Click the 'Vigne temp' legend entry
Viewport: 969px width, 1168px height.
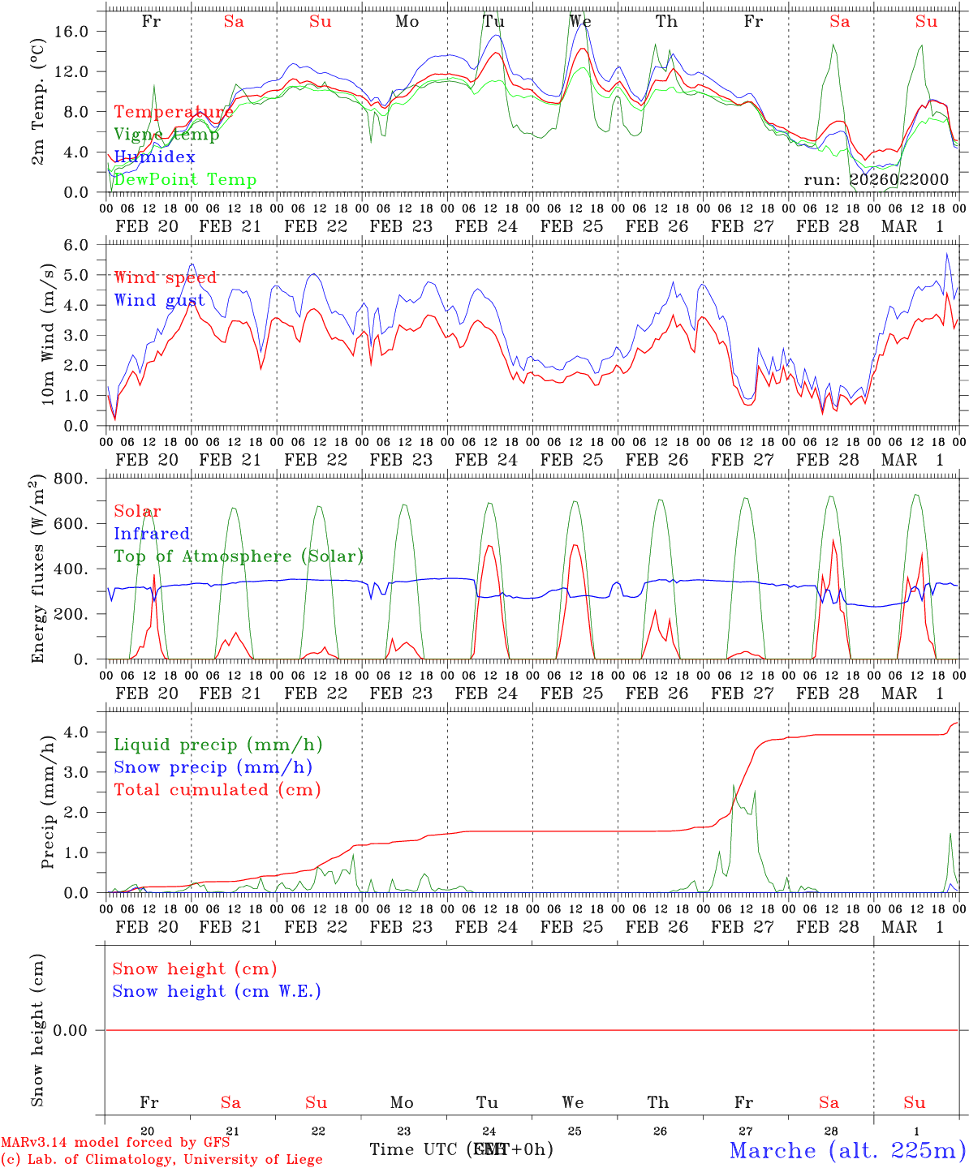166,135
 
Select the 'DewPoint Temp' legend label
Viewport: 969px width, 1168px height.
185,180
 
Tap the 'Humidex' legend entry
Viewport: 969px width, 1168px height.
154,157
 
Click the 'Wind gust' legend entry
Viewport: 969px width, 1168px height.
159,300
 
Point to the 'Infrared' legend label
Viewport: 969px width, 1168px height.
152,534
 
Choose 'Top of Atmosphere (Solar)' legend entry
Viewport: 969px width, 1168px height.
239,556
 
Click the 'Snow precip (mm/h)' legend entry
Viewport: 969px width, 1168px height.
213,767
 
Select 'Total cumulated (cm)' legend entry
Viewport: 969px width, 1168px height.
217,790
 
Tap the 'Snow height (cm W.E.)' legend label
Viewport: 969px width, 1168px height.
217,991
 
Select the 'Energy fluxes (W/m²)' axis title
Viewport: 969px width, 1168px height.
38,570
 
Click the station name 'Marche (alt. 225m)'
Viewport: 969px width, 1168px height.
847,1150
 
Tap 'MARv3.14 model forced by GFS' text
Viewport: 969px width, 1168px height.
115,1142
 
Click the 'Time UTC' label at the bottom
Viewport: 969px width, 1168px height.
414,1149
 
